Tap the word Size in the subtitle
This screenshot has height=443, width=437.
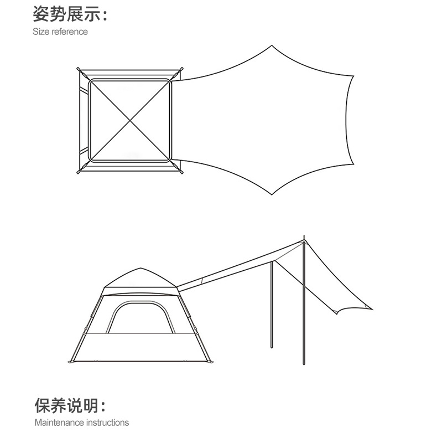click(41, 32)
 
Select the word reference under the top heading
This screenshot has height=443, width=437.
click(70, 32)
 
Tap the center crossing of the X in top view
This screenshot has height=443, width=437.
click(130, 121)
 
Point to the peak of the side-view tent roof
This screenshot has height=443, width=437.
click(140, 269)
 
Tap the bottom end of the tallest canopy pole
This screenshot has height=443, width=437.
click(304, 364)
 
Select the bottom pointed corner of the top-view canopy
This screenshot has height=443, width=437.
click(271, 195)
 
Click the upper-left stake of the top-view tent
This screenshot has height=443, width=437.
click(79, 70)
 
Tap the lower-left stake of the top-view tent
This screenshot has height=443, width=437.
click(78, 172)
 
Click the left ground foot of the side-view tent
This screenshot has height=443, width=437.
click(70, 363)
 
